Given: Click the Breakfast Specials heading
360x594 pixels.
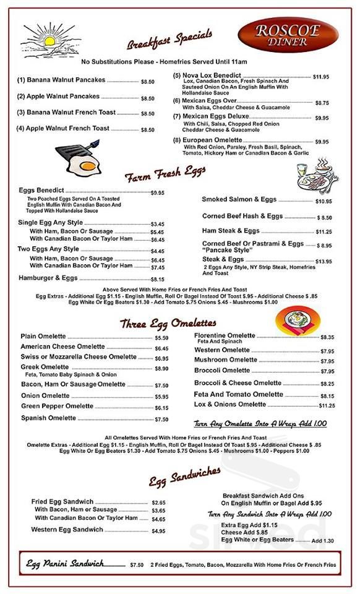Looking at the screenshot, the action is [x=169, y=38].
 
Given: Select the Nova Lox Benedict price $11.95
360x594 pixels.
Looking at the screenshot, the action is [x=320, y=77].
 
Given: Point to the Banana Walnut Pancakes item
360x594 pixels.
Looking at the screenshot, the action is [x=61, y=80].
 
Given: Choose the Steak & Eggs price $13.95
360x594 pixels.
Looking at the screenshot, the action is [x=323, y=261].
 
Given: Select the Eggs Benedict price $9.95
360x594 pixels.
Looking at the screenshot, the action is [x=158, y=193].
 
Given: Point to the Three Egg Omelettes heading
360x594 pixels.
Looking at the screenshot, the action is [x=168, y=324].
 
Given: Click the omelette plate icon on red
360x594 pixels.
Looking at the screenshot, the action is [x=298, y=321].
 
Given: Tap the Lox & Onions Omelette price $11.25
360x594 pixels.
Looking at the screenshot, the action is [x=327, y=406].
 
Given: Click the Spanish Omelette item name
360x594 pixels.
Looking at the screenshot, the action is [x=48, y=418].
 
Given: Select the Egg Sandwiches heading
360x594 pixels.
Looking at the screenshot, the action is [x=184, y=476].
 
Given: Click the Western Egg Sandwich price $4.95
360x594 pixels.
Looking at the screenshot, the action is [x=158, y=531].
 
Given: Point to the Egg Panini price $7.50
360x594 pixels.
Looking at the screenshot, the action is [x=137, y=565].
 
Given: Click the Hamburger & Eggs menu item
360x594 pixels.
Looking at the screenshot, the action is [x=49, y=278].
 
